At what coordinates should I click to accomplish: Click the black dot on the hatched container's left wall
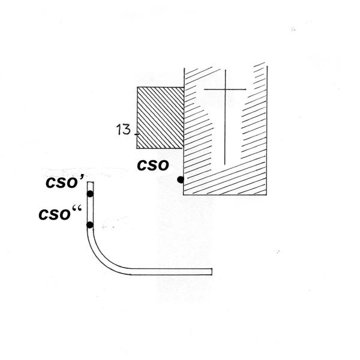[x=181, y=179]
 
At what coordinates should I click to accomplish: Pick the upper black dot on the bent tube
[x=90, y=194]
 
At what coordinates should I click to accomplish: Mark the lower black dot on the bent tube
[x=90, y=225]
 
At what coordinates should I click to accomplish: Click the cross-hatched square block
[x=160, y=118]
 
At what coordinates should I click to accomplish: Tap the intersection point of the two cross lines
[x=224, y=90]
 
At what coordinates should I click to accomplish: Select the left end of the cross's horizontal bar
[x=204, y=90]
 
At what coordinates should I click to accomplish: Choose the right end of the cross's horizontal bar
[x=246, y=90]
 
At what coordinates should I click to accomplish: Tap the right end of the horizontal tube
[x=212, y=272]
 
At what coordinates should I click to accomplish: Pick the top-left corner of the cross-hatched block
[x=138, y=88]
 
